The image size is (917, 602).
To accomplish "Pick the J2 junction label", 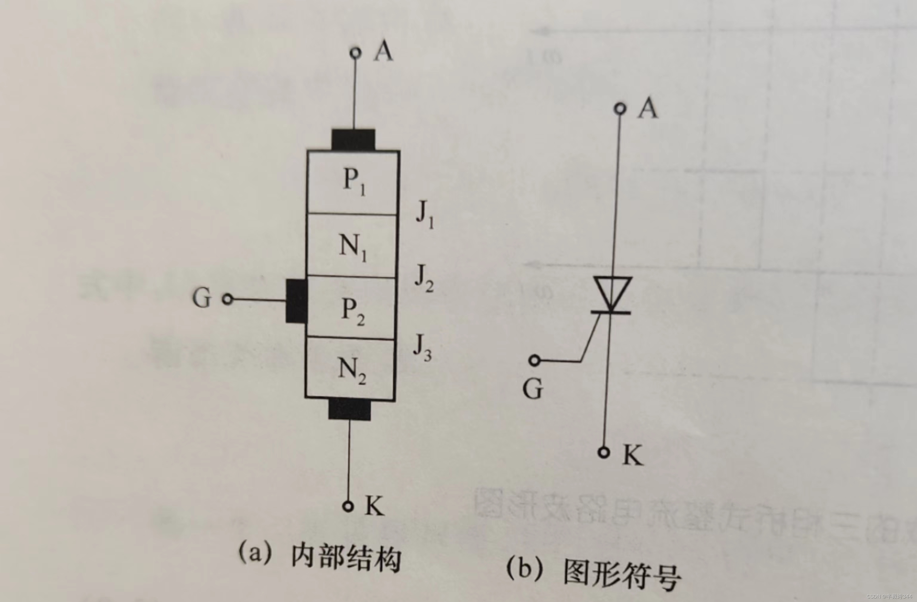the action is pos(424,279).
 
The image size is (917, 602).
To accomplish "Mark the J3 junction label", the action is pos(422,347).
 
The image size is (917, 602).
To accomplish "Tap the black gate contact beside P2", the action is pos(296,301).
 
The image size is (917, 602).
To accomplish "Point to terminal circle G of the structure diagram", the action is pos(228,299).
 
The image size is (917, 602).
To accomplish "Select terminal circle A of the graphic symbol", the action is pos(620,109).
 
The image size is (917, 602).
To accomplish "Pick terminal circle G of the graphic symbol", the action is pos(534,360).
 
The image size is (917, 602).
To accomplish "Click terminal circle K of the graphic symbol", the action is pos(604,453).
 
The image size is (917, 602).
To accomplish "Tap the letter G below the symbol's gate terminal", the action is pos(533,389).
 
